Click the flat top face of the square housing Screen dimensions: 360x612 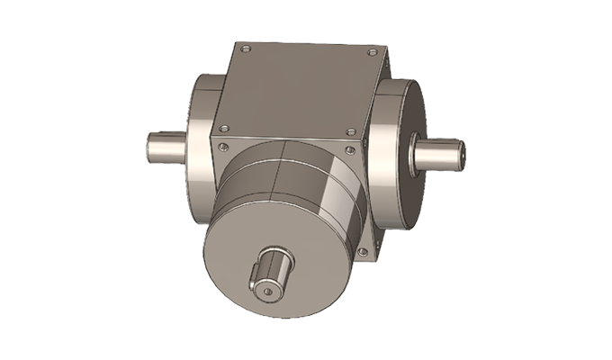pyautogui.click(x=297, y=85)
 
